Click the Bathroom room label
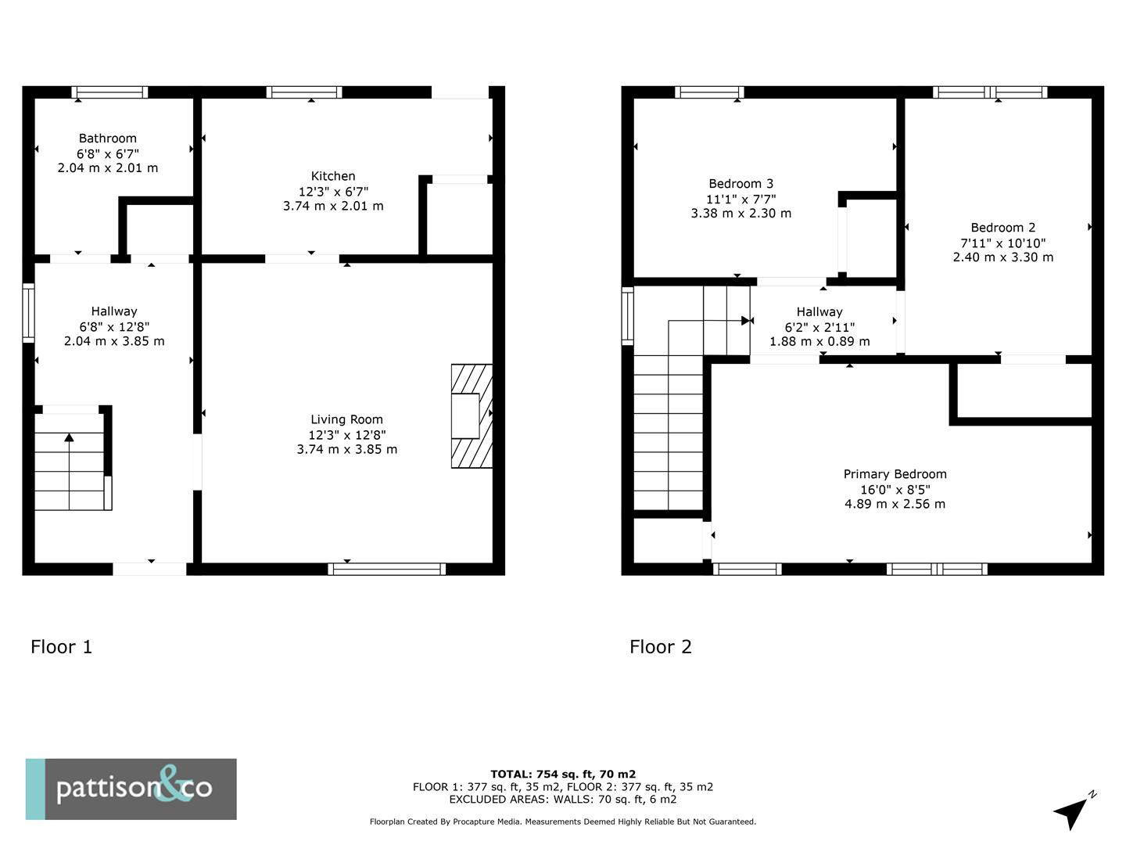point(108,138)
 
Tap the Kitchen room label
point(333,176)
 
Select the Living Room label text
point(346,419)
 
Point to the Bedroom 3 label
point(741,184)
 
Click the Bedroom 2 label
point(1002,228)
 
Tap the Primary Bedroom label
point(895,474)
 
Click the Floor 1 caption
point(61,646)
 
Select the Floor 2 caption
point(661,646)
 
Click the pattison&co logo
point(131,789)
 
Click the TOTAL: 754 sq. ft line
point(563,775)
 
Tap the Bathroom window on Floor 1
point(109,92)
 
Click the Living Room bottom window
point(387,569)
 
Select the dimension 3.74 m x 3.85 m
point(346,449)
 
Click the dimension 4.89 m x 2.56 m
point(895,504)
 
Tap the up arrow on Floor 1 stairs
point(69,438)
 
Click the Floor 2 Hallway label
point(819,311)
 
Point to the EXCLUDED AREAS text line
point(563,800)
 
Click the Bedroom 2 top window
point(990,92)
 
